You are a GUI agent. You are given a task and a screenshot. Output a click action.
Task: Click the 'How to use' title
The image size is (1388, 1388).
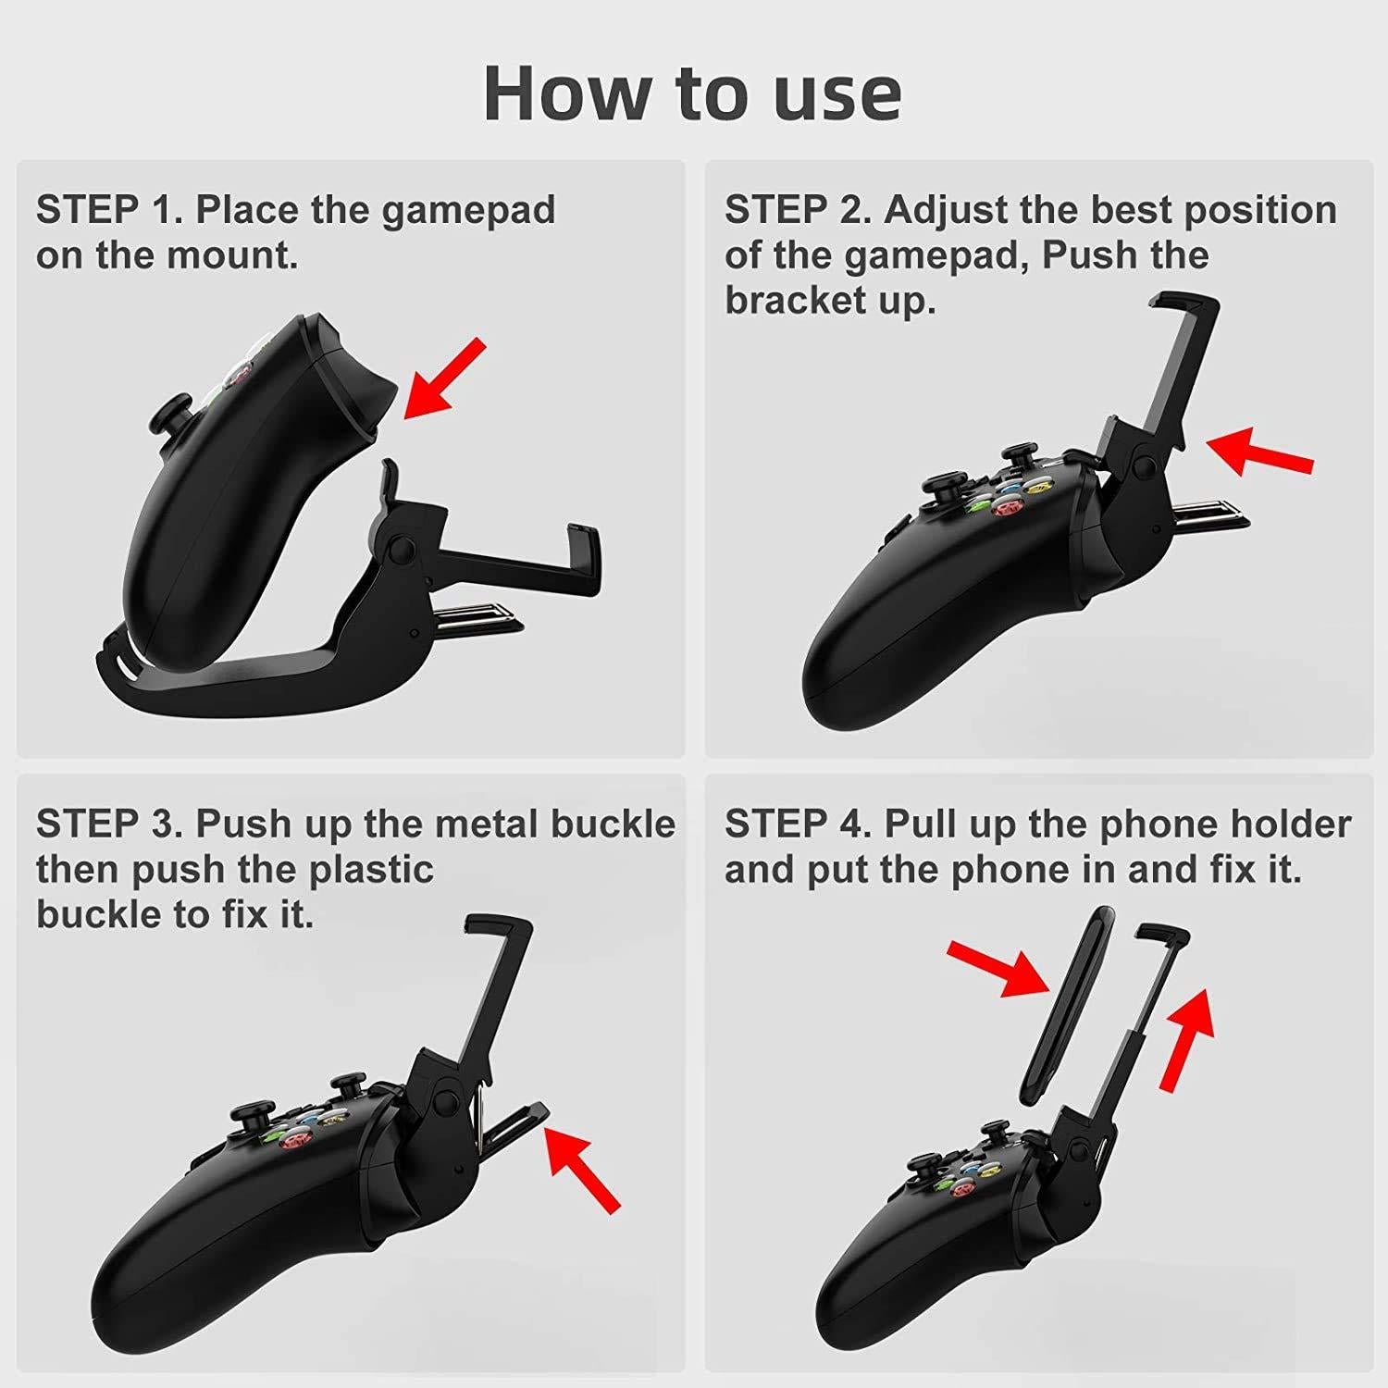tap(692, 93)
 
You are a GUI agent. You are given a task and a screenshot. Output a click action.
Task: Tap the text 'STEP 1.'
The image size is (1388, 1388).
tap(109, 210)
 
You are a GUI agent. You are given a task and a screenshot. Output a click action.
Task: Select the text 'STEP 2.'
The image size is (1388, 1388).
tap(798, 210)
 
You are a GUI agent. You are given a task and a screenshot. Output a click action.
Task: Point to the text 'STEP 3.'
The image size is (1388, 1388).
tap(109, 824)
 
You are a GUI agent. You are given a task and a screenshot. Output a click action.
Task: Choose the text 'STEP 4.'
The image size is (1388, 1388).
tap(798, 824)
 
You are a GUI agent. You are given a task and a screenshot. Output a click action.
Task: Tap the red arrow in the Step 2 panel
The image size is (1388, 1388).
tap(1259, 451)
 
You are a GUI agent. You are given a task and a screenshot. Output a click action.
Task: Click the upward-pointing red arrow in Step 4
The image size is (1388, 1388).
tap(1188, 1037)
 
